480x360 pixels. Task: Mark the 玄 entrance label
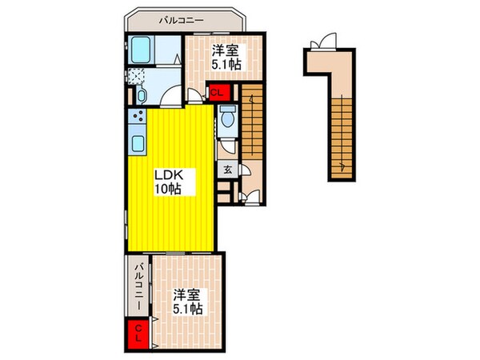[x=228, y=169]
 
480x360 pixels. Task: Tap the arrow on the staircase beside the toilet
[x=250, y=99]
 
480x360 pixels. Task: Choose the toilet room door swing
[x=226, y=145]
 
